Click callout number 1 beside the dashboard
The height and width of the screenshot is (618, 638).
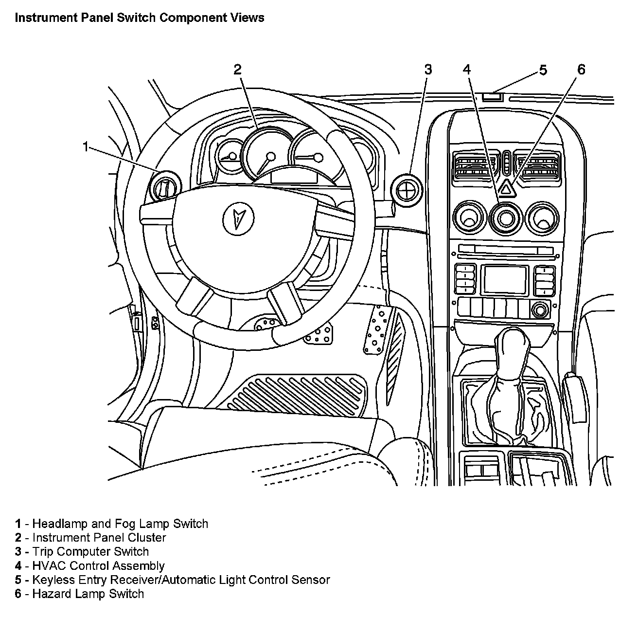[86, 146]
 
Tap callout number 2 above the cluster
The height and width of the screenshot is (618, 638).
[237, 70]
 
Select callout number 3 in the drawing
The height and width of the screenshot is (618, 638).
[428, 70]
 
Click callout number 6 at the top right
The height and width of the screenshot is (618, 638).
[582, 70]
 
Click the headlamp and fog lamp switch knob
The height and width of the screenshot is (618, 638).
[165, 186]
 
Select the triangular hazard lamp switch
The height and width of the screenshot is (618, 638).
[506, 187]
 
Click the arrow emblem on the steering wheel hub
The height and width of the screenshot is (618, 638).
[238, 217]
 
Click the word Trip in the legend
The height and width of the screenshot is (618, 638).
[43, 552]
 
